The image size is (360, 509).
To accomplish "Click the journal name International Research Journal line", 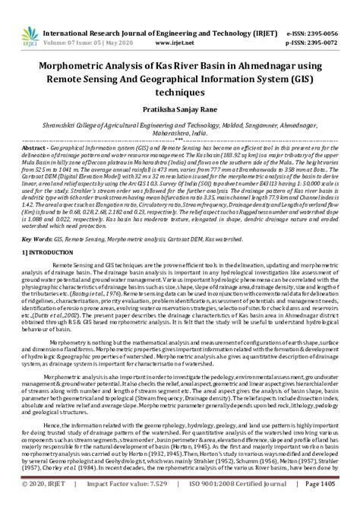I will [153, 13].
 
